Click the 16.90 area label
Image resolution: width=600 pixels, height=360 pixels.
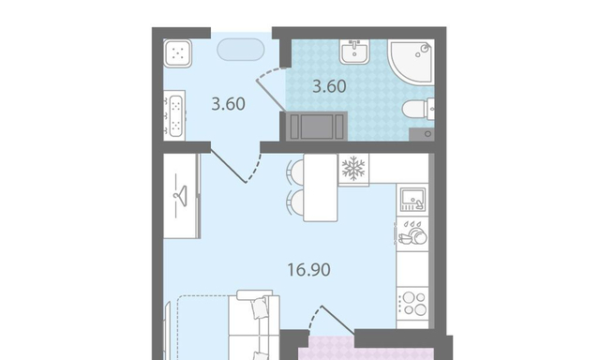[x=308, y=270]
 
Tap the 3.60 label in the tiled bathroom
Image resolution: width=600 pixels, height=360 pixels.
[x=329, y=86]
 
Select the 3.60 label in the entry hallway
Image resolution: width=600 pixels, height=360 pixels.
[x=228, y=104]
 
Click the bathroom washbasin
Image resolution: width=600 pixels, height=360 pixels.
[x=354, y=52]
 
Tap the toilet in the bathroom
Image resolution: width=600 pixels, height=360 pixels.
[x=418, y=109]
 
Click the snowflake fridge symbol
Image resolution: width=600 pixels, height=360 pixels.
[x=353, y=169]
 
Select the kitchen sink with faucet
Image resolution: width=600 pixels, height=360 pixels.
[x=412, y=200]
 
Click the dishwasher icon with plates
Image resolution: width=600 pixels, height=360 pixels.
[x=412, y=233]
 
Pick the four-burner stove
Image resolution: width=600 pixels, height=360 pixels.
[x=412, y=304]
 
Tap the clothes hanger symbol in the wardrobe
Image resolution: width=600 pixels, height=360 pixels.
[x=180, y=196]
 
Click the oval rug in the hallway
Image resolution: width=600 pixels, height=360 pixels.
[x=241, y=50]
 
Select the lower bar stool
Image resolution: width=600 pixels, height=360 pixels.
[x=295, y=203]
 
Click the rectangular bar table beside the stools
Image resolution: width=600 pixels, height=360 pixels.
[x=321, y=187]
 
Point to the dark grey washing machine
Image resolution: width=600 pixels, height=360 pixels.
[x=317, y=127]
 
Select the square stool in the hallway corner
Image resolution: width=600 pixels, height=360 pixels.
[x=177, y=53]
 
